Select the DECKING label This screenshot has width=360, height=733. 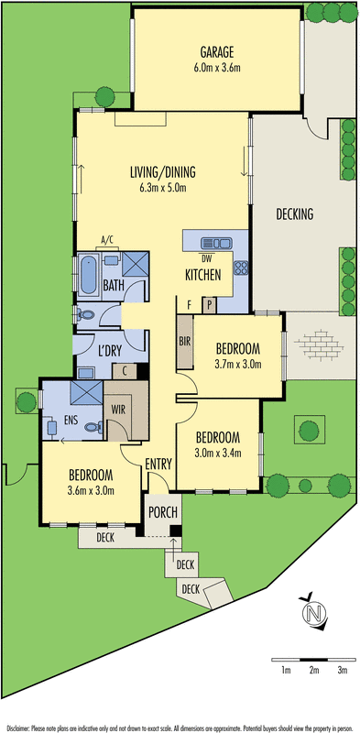pyautogui.click(x=294, y=214)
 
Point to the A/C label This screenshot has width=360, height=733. pyautogui.click(x=106, y=240)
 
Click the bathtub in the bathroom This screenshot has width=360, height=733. pyautogui.click(x=88, y=275)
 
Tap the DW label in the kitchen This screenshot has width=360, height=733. pyautogui.click(x=206, y=258)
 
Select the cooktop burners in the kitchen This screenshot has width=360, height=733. pyautogui.click(x=244, y=269)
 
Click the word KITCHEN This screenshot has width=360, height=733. pyautogui.click(x=202, y=275)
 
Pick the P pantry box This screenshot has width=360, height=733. pyautogui.click(x=209, y=304)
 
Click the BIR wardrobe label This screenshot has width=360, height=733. pyautogui.click(x=184, y=341)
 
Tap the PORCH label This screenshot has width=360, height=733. pyautogui.click(x=163, y=509)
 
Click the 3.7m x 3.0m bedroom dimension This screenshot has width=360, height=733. pyautogui.click(x=238, y=364)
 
